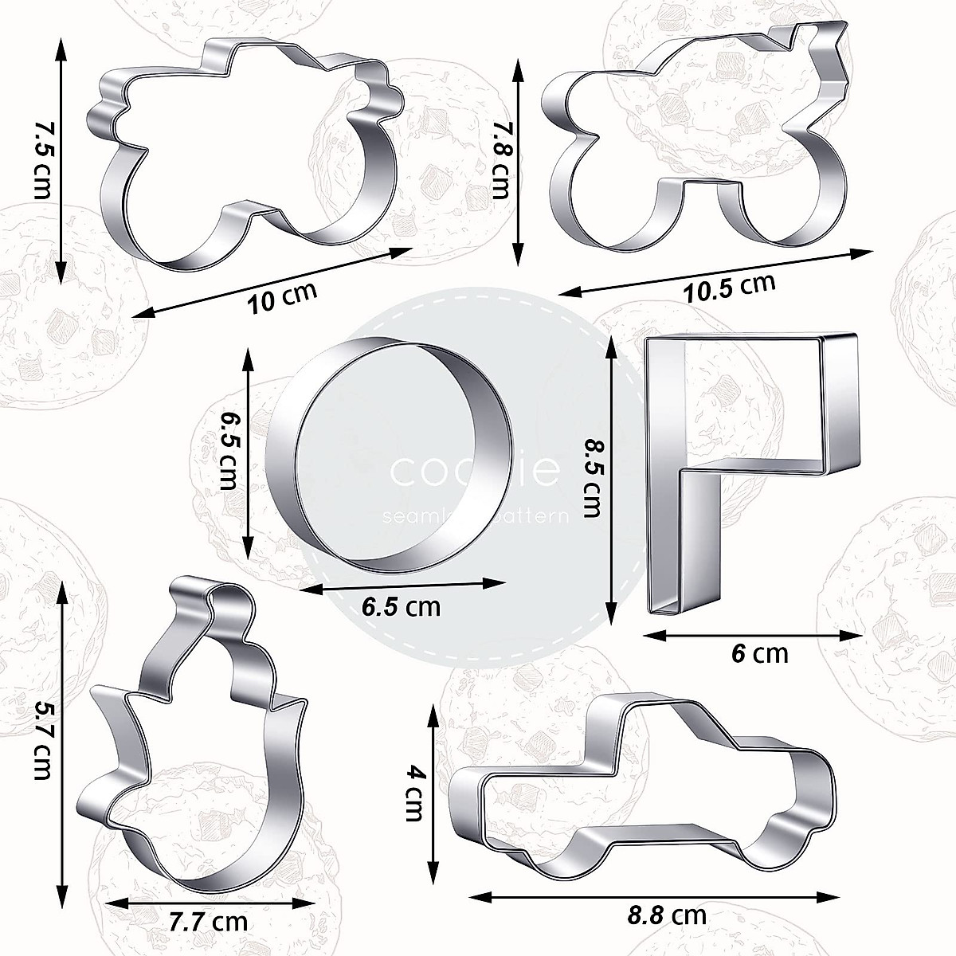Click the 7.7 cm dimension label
pos(208,923)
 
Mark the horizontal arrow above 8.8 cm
pos(653,897)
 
